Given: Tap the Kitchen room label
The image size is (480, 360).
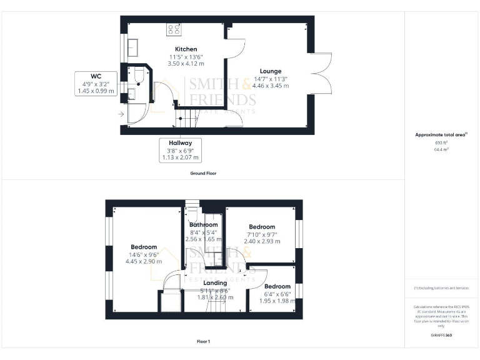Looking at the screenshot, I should click(x=186, y=49).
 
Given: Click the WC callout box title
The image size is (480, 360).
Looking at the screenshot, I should click(x=96, y=76).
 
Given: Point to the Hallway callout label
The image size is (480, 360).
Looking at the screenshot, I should click(x=180, y=142).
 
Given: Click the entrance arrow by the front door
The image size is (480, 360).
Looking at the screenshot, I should click(x=121, y=114).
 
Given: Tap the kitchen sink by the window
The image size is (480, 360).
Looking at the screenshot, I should click(x=132, y=46).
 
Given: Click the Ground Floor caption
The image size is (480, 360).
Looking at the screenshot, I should click(x=203, y=173).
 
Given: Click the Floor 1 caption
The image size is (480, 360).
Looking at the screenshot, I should click(x=203, y=341).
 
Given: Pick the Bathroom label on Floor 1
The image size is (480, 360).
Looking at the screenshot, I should click(x=204, y=225).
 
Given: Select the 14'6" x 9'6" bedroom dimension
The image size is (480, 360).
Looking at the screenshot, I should click(x=144, y=255).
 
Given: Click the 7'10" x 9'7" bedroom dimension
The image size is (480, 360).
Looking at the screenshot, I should click(x=262, y=234).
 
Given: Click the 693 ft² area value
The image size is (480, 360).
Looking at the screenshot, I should click(x=441, y=142).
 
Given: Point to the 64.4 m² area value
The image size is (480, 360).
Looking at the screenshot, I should click(x=441, y=149).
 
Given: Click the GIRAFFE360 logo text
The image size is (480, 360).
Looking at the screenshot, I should click(x=441, y=336).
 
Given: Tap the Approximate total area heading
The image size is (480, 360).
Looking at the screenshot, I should click(x=441, y=134).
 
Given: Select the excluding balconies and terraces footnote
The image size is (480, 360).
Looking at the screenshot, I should click(x=441, y=288).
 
